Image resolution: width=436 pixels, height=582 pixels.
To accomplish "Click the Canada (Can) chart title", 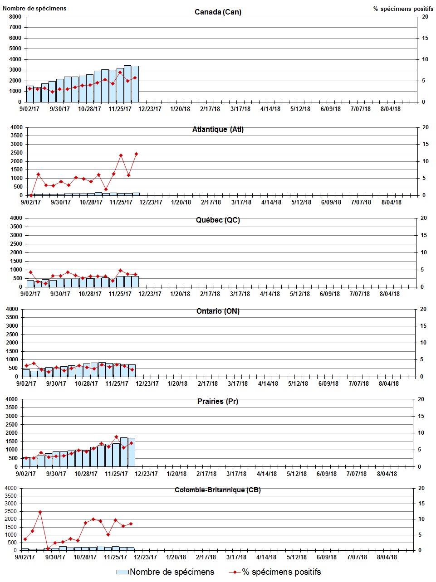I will click(218, 12).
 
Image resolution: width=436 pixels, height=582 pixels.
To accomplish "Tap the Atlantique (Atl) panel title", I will click(218, 130).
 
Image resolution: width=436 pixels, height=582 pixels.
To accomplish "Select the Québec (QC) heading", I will click(218, 220).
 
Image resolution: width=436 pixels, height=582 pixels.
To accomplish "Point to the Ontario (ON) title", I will click(218, 311).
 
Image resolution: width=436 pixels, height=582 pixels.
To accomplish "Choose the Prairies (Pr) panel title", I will click(218, 401).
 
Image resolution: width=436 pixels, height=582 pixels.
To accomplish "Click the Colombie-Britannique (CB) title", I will click(218, 490).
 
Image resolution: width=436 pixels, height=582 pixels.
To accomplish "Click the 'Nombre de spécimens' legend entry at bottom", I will click(166, 572).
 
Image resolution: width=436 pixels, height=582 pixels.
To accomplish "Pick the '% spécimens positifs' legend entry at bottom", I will click(274, 572).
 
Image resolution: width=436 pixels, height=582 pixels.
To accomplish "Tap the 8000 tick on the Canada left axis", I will click(15, 17).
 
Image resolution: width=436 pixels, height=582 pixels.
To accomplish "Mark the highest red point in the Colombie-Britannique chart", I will click(40, 512).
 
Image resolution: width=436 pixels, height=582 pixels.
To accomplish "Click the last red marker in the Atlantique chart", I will click(136, 154).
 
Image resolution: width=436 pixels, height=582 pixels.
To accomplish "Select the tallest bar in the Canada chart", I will click(127, 84).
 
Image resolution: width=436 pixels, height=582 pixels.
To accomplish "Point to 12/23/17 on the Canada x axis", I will click(150, 109).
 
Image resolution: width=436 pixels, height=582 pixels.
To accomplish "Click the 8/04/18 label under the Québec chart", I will click(390, 294).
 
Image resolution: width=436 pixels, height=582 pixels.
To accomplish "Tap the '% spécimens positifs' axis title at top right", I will click(403, 9).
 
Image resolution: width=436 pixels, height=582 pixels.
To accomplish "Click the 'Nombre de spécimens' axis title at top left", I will click(34, 8).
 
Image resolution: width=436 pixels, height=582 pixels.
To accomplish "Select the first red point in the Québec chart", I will click(30, 272).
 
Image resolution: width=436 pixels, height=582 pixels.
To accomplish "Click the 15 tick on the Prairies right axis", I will click(421, 416).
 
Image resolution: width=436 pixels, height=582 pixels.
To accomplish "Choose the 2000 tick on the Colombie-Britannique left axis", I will click(10, 519).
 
